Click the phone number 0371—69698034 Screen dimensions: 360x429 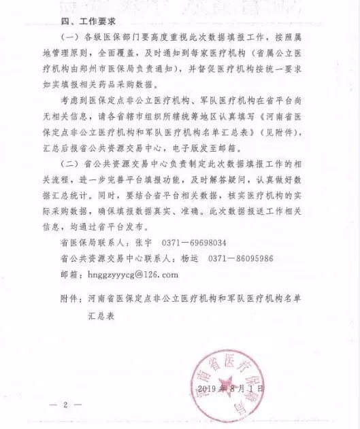click(194, 242)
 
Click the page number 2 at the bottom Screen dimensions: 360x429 click(66, 405)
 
